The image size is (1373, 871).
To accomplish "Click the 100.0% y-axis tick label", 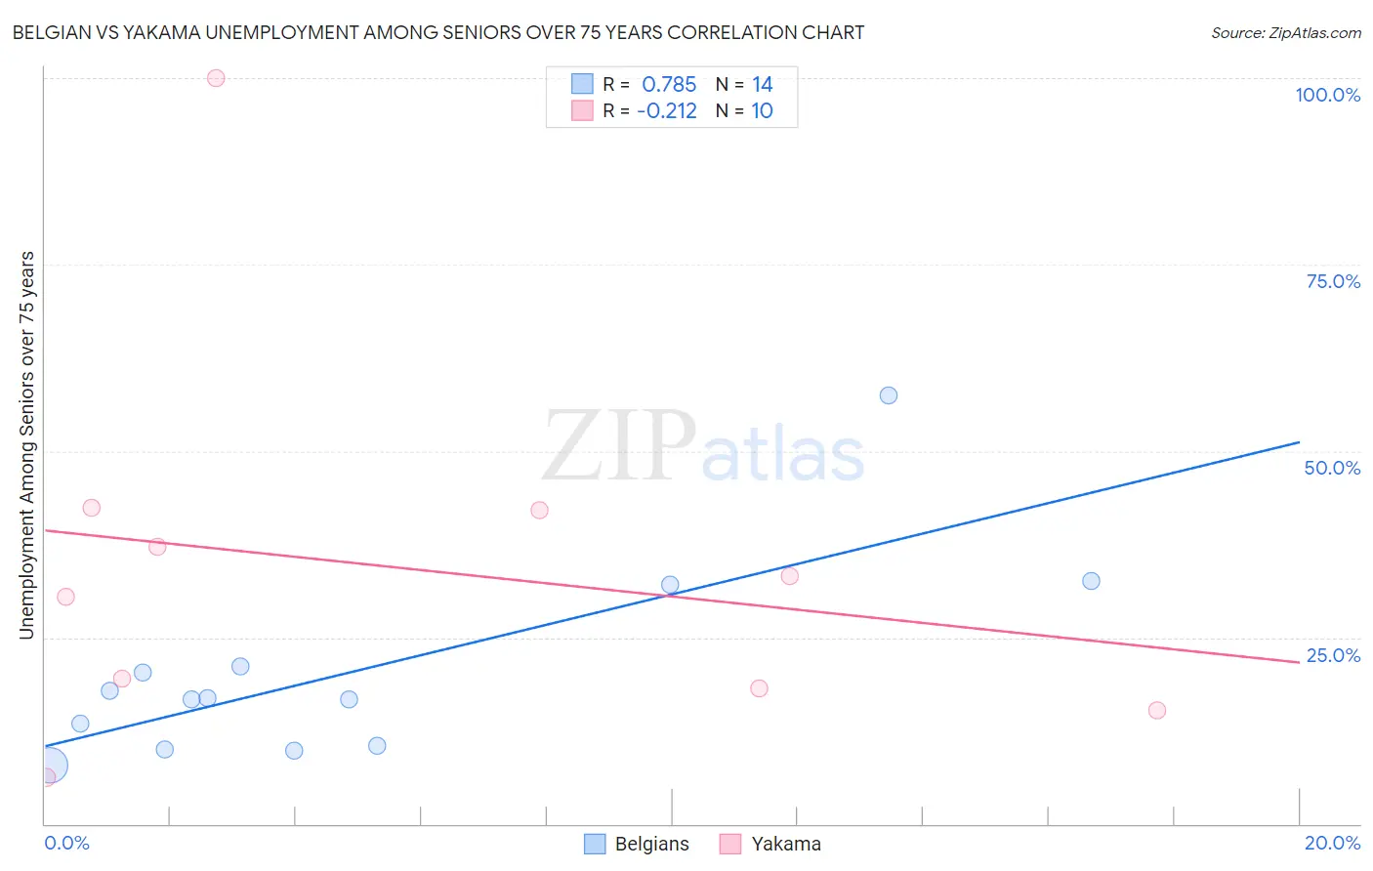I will click(1327, 95).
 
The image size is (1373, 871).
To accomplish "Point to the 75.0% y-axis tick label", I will click(1333, 281).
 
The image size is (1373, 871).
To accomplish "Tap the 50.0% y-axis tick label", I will click(1332, 468).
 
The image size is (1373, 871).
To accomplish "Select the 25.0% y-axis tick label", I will click(1333, 655).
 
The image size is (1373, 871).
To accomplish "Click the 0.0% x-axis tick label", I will click(66, 843).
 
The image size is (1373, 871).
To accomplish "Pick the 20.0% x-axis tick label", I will click(1332, 843).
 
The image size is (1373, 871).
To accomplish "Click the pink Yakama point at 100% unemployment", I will click(216, 78).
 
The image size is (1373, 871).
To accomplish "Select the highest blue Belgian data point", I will click(889, 395).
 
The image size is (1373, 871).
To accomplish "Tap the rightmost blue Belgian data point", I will click(1091, 581).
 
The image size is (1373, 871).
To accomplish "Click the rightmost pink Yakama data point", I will click(1157, 710).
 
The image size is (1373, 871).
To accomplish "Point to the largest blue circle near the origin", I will click(49, 766).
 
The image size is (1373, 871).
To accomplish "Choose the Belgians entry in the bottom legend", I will click(637, 844).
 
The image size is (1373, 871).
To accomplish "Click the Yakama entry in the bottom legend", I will click(770, 844).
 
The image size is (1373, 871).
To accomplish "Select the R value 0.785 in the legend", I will click(669, 85).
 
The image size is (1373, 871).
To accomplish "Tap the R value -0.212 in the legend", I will click(667, 111).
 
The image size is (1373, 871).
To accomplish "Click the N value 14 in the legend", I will click(762, 85).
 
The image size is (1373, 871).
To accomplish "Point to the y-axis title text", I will click(26, 445).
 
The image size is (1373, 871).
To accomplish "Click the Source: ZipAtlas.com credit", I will click(1285, 33).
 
